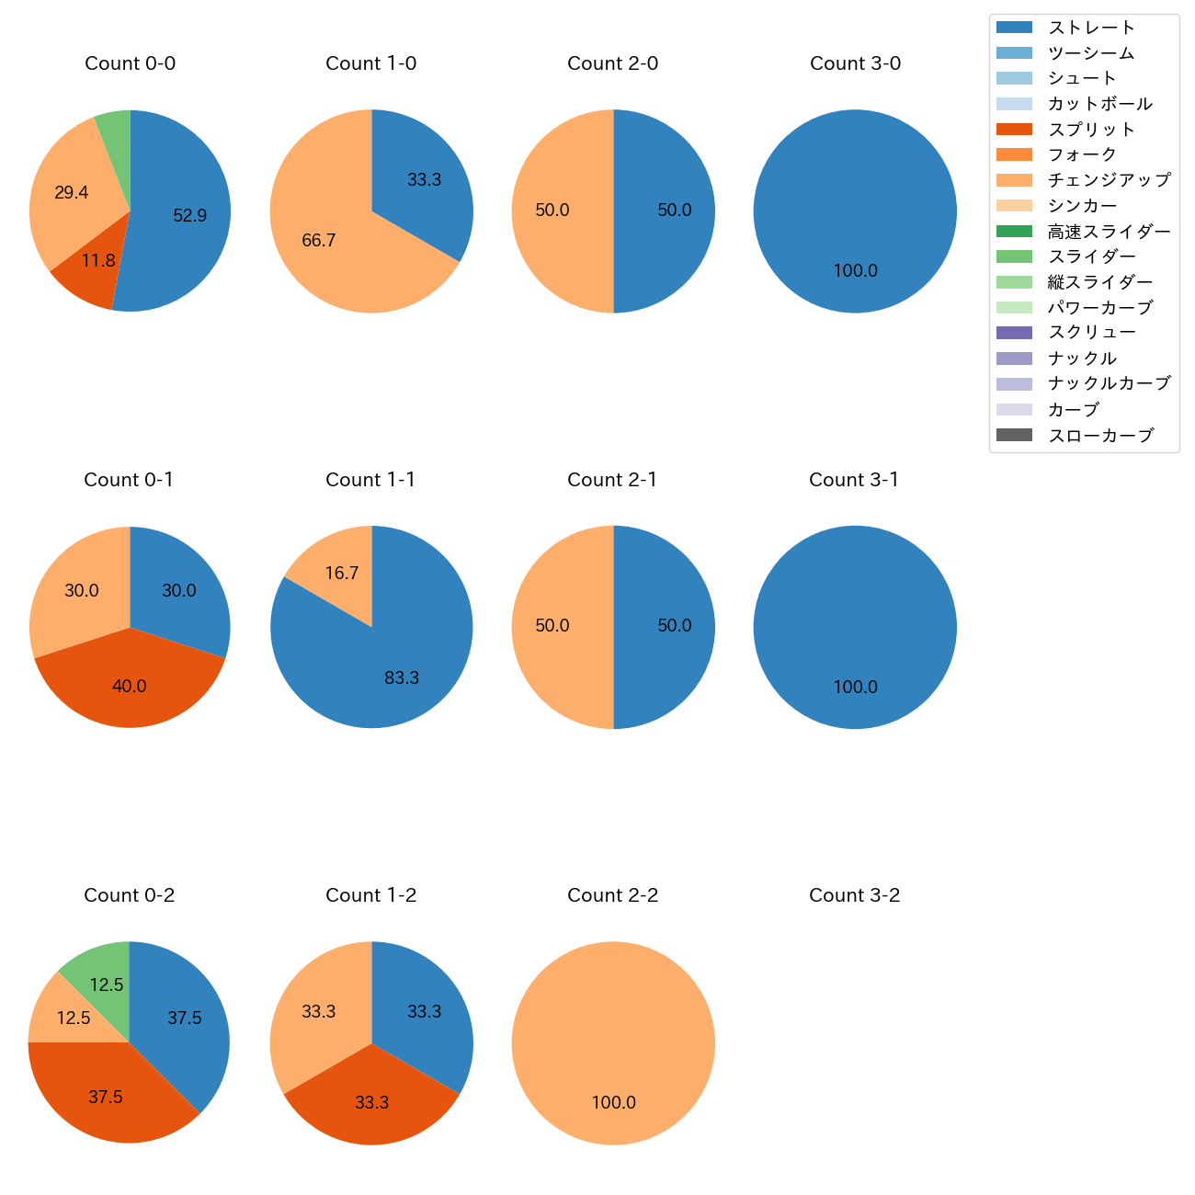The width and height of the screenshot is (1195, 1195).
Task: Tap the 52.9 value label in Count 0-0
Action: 190,216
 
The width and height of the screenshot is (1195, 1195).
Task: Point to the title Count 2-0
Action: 613,63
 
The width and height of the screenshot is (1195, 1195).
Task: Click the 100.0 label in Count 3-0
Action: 856,271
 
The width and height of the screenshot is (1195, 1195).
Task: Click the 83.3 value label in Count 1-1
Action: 402,677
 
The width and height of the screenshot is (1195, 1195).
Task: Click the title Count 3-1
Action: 854,480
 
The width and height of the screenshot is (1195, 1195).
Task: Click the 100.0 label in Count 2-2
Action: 613,1103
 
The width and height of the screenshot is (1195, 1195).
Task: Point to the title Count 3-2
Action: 854,895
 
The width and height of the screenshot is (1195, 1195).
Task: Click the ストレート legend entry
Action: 1091,28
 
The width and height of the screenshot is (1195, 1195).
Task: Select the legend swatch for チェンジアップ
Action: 1014,180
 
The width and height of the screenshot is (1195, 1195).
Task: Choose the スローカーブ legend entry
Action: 1100,436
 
